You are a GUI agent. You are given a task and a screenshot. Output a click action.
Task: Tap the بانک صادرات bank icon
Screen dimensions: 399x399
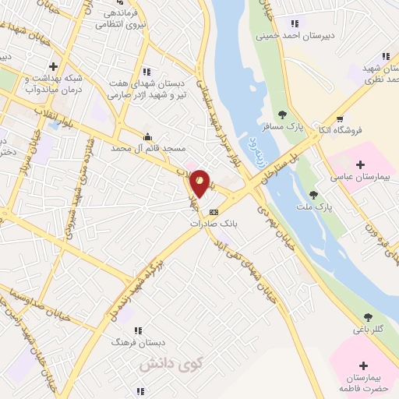point(214,211)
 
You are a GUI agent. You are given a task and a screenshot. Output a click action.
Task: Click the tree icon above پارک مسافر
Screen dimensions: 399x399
point(293,115)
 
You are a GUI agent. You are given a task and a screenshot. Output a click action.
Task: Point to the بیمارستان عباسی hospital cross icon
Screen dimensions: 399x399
point(360,164)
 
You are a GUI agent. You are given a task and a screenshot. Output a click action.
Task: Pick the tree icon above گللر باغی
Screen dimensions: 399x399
point(367,317)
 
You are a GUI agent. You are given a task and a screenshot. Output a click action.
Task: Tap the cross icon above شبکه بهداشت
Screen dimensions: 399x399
point(53,66)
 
